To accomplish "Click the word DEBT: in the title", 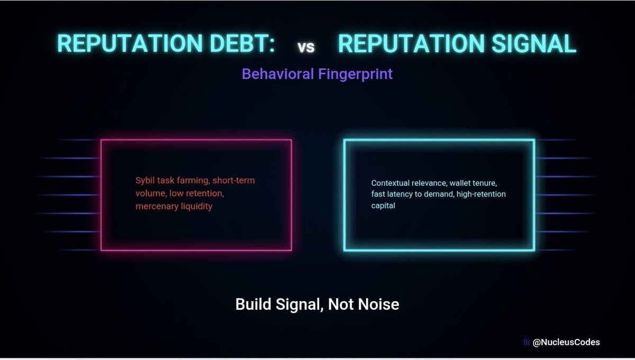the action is point(242,43).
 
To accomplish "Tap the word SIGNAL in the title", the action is point(534,43).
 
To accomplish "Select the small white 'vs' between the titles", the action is point(306,47).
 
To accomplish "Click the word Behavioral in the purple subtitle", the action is point(278,74).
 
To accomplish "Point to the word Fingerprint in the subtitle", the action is point(356,74).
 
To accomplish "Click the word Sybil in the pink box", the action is point(144,181).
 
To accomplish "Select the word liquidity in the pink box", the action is point(196,206).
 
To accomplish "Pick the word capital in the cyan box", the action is point(383,205).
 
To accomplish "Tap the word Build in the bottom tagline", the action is point(253,304).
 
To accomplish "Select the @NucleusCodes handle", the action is point(566,342).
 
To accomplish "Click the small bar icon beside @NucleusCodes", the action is point(526,341).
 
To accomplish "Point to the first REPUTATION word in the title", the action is point(130,43).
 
